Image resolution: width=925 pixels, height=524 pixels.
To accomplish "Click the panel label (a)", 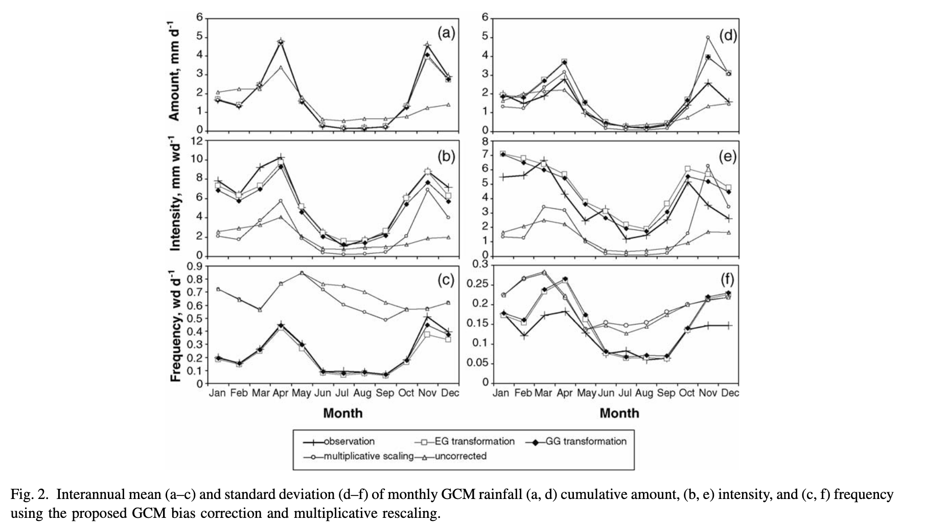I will pyautogui.click(x=446, y=34).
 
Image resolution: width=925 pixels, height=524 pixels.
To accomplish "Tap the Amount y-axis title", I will pyautogui.click(x=175, y=70).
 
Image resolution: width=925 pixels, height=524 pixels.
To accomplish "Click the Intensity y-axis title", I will pyautogui.click(x=175, y=193).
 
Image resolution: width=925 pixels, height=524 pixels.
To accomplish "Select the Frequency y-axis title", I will pyautogui.click(x=175, y=323).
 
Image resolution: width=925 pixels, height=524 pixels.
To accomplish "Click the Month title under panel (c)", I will pyautogui.click(x=342, y=413).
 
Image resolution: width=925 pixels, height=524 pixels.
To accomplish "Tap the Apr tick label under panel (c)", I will pyautogui.click(x=281, y=393).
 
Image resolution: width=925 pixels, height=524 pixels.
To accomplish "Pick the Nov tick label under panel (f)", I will pyautogui.click(x=708, y=393).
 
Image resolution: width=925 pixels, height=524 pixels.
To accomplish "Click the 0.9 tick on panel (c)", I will pyautogui.click(x=195, y=266).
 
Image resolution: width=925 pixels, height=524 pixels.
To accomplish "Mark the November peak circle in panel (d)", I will pyautogui.click(x=708, y=37).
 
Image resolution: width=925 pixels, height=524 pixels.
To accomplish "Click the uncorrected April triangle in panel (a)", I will pyautogui.click(x=281, y=67).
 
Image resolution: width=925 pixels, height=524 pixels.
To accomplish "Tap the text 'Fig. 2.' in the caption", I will pyautogui.click(x=31, y=494).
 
